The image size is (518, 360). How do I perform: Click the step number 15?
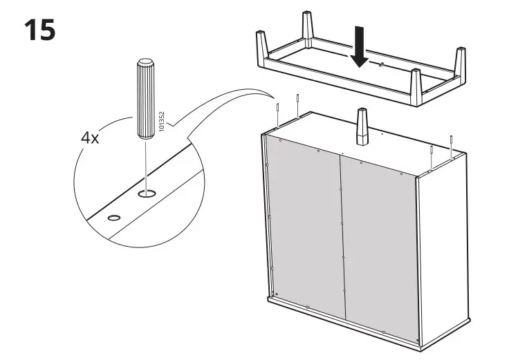point(39,30)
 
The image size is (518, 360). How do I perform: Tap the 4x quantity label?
point(90,138)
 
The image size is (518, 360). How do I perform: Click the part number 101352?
point(161,122)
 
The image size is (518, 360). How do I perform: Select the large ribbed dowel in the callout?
point(146,96)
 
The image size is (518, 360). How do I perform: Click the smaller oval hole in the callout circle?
point(113,218)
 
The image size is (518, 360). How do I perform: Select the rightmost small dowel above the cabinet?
point(451,146)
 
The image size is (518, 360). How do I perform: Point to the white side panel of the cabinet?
point(429,263)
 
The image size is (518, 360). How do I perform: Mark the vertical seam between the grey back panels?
point(342,235)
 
